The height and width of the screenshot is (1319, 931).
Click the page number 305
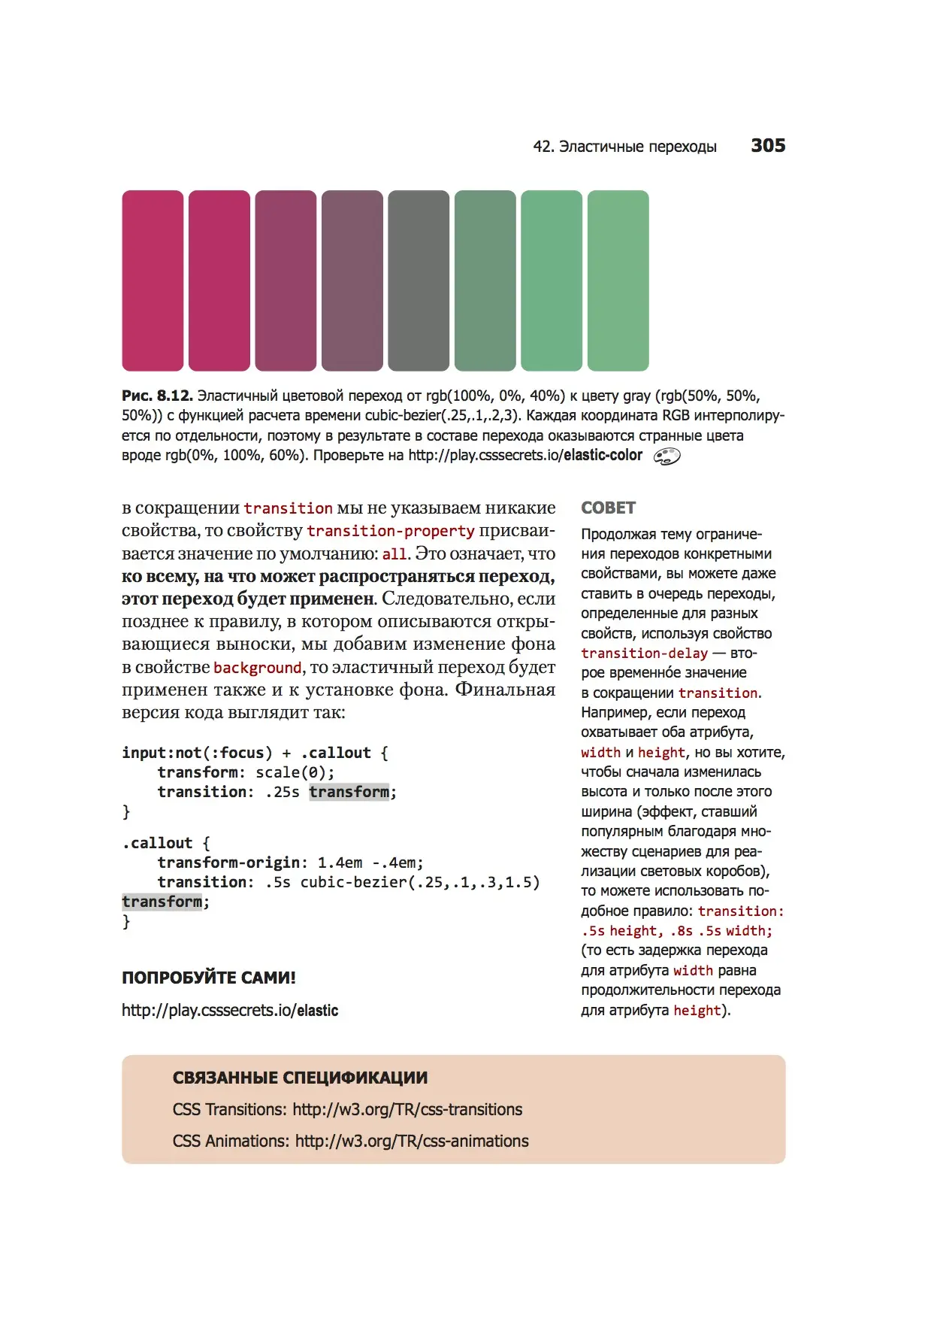tap(767, 146)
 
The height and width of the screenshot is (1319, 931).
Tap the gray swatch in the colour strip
tap(419, 280)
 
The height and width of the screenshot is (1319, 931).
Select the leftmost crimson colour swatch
tap(153, 280)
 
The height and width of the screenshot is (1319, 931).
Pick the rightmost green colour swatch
tap(618, 280)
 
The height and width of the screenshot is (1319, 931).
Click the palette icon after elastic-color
tap(667, 456)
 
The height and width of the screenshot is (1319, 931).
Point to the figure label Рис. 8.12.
tap(157, 396)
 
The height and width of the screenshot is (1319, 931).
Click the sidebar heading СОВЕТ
tap(608, 508)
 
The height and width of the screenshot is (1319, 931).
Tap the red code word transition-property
tap(391, 531)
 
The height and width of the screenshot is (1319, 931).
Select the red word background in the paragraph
tap(257, 668)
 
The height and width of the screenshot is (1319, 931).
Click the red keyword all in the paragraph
tap(394, 554)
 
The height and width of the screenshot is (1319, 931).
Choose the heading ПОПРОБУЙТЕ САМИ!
tap(209, 978)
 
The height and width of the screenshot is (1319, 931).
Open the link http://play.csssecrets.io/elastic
tap(230, 1011)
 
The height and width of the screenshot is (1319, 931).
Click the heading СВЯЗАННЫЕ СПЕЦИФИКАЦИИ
tap(300, 1078)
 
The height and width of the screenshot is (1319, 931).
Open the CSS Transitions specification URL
tap(407, 1110)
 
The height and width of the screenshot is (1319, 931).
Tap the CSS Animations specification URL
tap(412, 1142)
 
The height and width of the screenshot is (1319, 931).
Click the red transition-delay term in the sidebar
tap(644, 653)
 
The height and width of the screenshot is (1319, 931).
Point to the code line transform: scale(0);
tap(246, 772)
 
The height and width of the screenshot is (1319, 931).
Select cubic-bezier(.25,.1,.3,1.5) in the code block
tap(419, 882)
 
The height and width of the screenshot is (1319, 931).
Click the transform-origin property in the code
tap(228, 863)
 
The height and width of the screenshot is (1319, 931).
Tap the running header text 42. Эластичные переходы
tap(624, 147)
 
